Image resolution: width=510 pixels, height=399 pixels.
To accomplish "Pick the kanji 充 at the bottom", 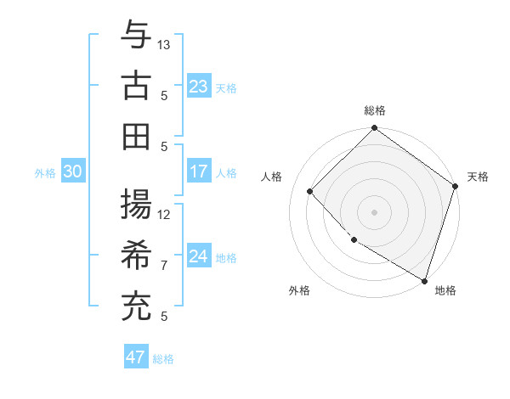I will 136,306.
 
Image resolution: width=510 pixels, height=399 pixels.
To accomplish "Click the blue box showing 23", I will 199,86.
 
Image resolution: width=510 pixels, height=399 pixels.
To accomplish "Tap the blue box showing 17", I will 199,171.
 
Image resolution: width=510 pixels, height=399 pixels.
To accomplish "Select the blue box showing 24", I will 199,256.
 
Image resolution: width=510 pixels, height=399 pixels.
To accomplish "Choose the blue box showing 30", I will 72,171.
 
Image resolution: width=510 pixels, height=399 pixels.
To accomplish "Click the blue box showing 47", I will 136,357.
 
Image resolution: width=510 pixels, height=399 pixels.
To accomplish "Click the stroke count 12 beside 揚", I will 164,215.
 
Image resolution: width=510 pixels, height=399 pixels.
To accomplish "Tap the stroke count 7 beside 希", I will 164,266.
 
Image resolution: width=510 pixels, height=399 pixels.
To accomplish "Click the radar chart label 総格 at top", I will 375,110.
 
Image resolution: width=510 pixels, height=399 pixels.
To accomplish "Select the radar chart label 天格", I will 479,177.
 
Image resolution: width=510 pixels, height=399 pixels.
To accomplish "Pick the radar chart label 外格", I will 299,290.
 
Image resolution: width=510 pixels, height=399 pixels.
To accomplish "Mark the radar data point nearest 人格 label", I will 310,191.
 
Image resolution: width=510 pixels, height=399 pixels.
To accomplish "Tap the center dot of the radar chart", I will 375,211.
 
